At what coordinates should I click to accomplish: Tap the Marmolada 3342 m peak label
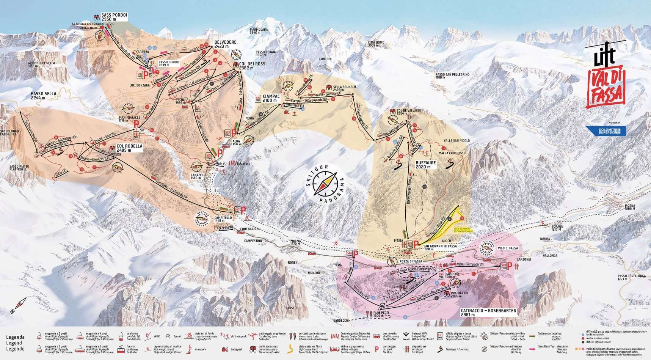tap(259, 31)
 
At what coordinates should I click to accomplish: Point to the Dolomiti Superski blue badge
tap(606, 131)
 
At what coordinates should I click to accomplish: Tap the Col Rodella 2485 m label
tap(129, 148)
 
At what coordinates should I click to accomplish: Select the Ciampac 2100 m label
tap(271, 98)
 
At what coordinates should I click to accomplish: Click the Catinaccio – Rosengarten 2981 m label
tap(488, 312)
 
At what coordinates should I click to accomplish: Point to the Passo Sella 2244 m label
tap(44, 96)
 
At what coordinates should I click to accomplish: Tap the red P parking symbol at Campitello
tap(243, 210)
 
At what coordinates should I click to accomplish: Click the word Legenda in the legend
tap(16, 337)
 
